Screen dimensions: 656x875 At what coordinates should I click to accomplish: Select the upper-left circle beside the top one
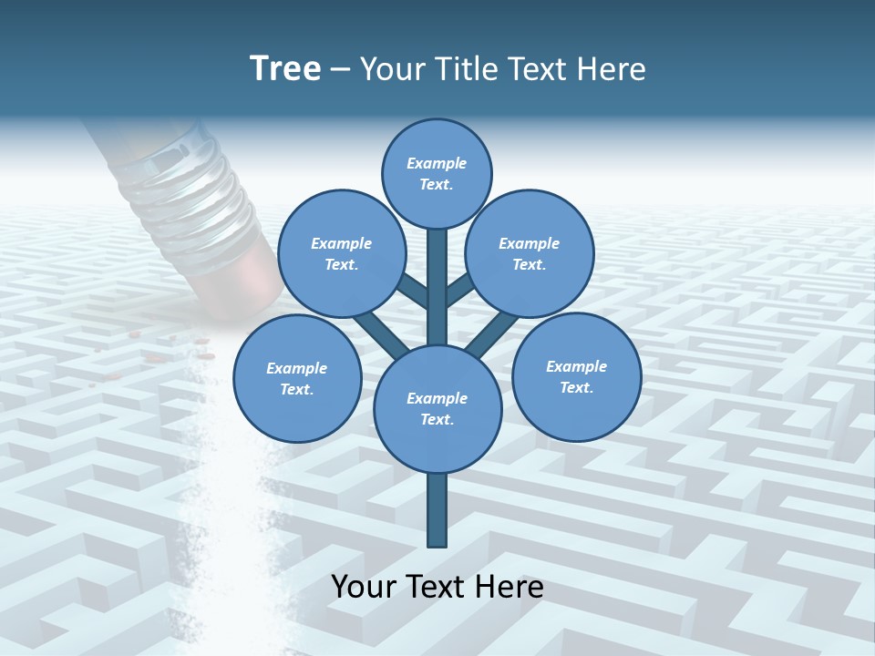point(341,253)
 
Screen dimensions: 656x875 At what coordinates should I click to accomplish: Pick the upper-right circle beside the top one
point(529,253)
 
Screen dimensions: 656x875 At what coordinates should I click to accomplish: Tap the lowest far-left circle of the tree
point(297,378)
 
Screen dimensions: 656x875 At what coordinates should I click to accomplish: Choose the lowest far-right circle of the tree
point(576,376)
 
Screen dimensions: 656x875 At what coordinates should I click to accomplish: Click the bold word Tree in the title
point(285,68)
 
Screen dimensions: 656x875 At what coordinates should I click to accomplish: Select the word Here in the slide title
point(612,69)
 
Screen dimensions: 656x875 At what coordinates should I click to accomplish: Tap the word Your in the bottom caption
point(363,587)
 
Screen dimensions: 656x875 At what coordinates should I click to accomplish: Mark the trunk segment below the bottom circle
point(437,510)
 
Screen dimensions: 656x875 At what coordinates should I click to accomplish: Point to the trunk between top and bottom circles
point(437,282)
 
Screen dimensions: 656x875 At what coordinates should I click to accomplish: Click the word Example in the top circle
point(437,163)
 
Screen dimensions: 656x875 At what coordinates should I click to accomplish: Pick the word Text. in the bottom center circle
point(437,419)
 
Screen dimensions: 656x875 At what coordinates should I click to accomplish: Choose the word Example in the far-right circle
point(576,366)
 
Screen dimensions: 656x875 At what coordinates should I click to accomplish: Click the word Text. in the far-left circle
point(296,389)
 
